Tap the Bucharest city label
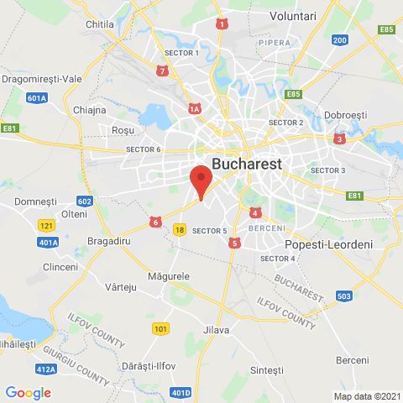click(247, 163)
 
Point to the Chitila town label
click(100, 25)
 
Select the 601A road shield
click(37, 98)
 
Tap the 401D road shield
click(181, 392)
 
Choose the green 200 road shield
click(340, 40)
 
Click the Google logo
click(28, 392)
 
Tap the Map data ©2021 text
click(366, 395)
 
